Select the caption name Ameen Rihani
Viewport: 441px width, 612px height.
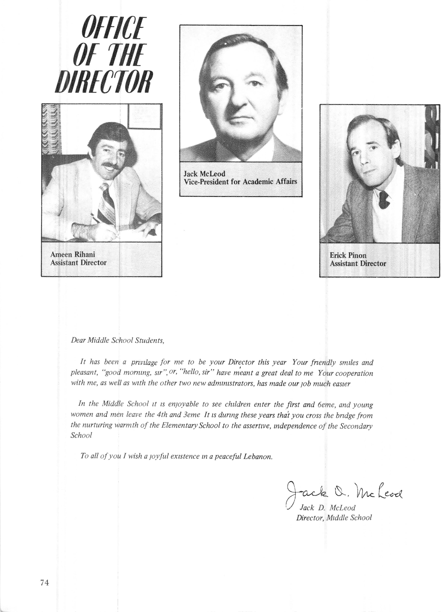73,254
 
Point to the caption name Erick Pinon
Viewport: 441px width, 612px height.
348,255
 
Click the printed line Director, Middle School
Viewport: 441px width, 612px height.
334,517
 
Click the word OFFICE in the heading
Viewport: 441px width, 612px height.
114,28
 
